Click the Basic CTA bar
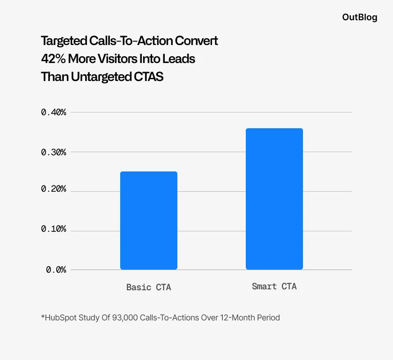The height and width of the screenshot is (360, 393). click(149, 220)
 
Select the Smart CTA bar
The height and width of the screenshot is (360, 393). click(274, 199)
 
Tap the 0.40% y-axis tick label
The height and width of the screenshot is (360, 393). click(54, 112)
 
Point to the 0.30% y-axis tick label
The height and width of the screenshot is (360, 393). click(54, 152)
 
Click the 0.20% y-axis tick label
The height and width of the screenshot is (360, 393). click(54, 189)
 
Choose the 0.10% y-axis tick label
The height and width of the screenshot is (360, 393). click(54, 229)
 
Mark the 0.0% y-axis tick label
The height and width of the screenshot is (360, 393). click(56, 269)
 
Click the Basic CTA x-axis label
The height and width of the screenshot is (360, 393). click(149, 287)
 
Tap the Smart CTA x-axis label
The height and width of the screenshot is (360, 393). click(274, 286)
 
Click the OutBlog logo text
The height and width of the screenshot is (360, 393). click(360, 18)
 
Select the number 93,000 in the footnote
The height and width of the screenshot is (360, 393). click(124, 318)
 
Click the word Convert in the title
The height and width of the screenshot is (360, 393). click(196, 41)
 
